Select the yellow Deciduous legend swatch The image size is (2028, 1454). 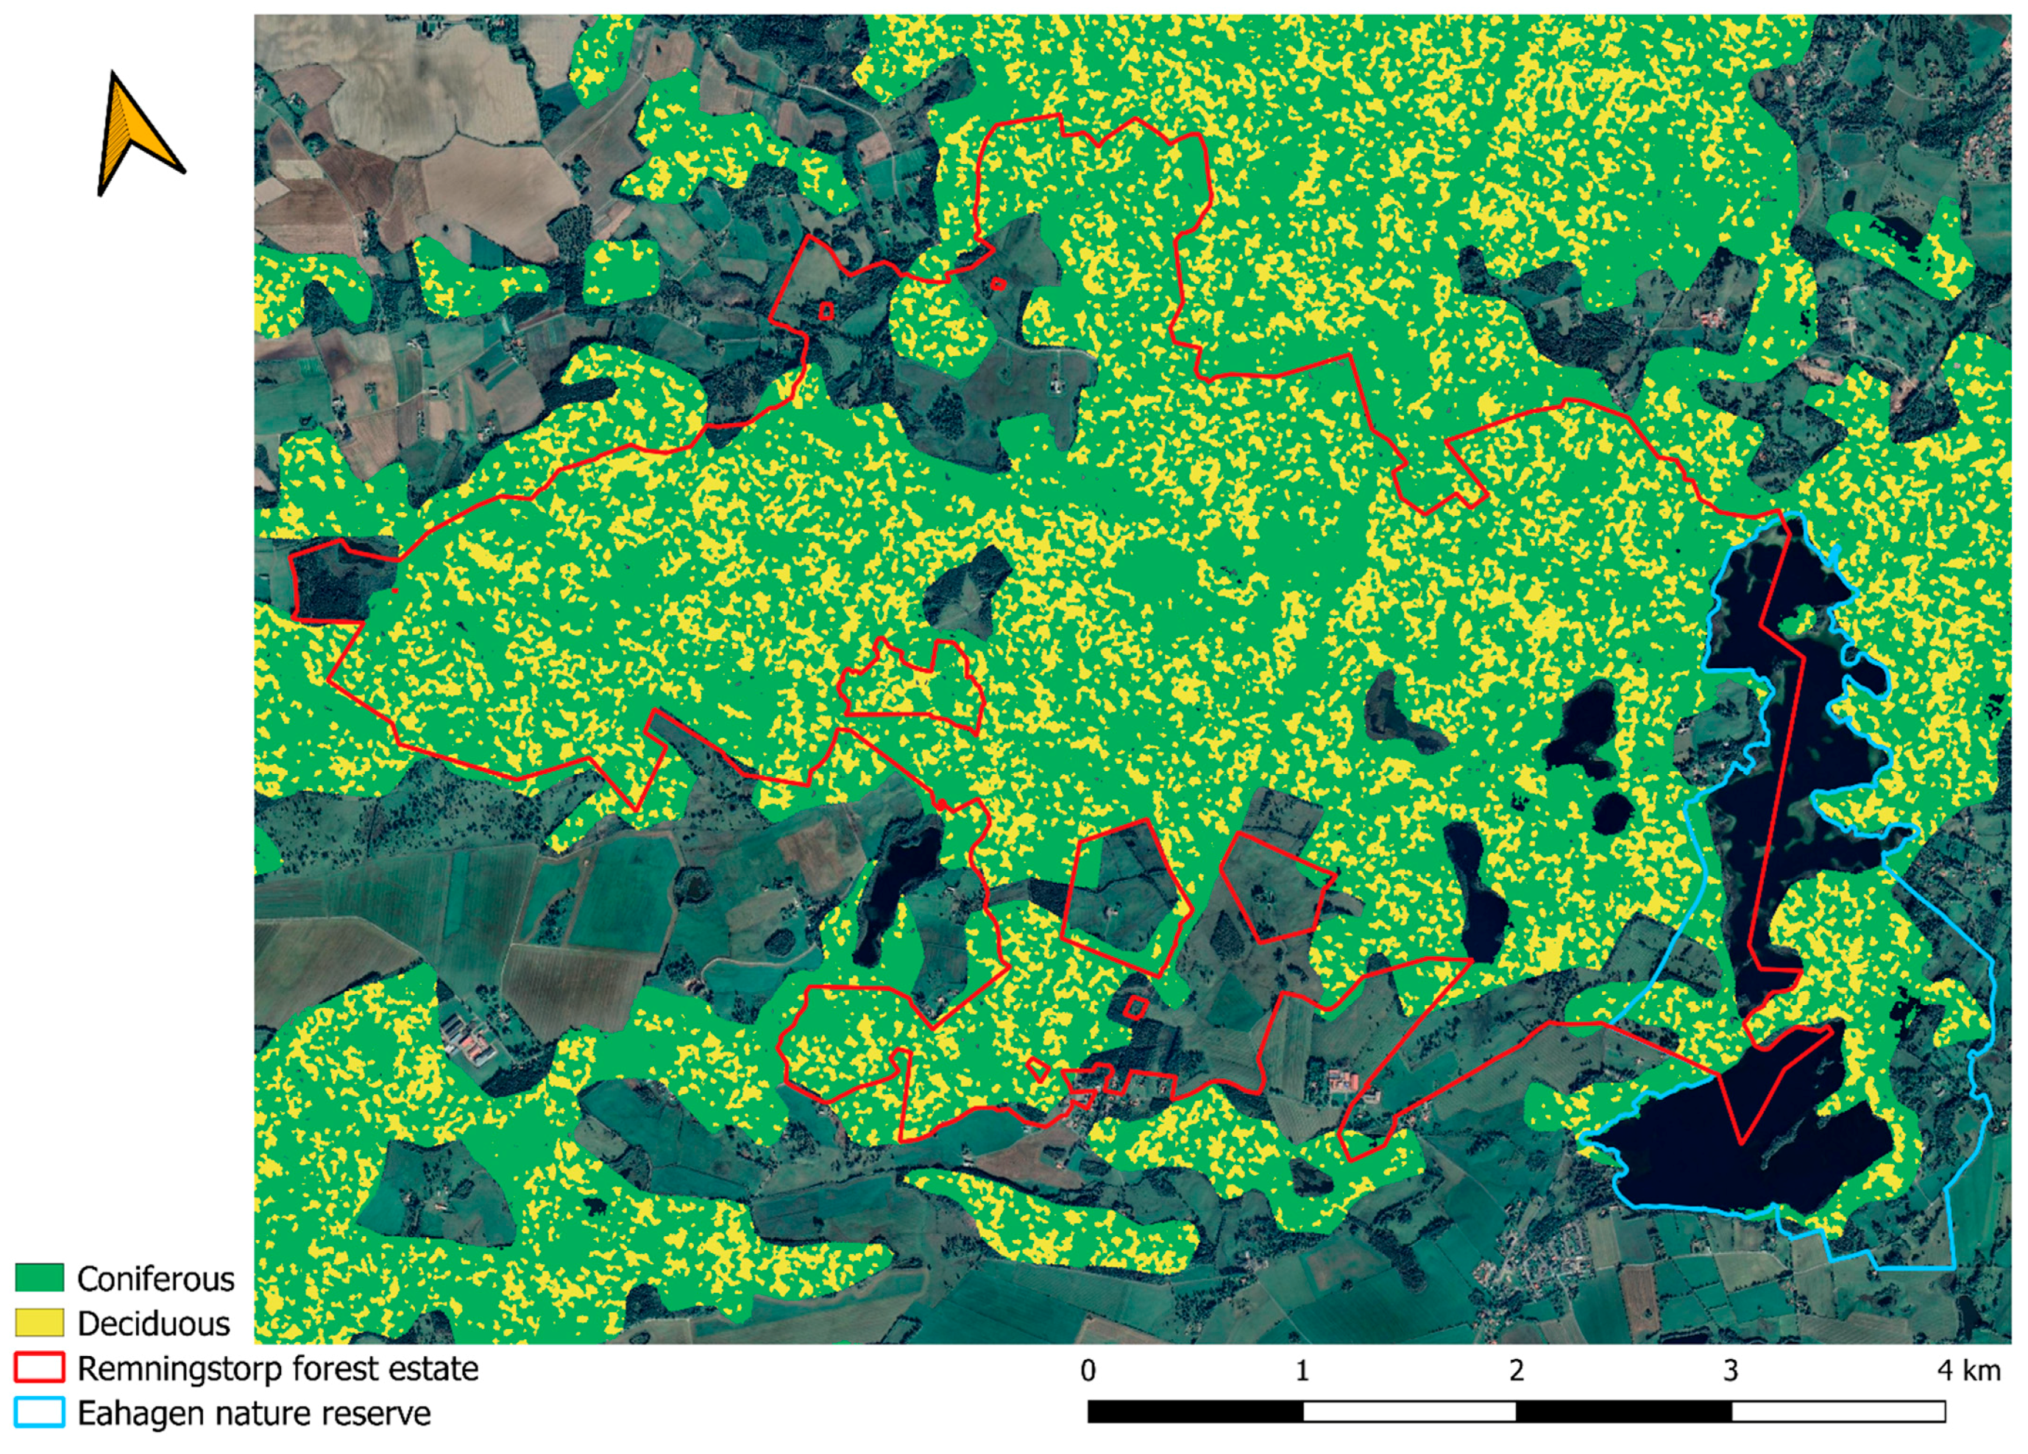[x=39, y=1322]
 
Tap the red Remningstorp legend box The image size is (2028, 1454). [x=39, y=1367]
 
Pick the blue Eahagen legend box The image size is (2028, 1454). [x=39, y=1412]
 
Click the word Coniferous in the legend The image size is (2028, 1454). [x=155, y=1279]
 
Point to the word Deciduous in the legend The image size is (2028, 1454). [x=154, y=1324]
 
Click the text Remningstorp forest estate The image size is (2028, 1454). [x=278, y=1368]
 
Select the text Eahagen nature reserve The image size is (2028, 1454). [x=254, y=1413]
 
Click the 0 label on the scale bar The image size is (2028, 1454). [x=1088, y=1371]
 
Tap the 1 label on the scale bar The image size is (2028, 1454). [x=1302, y=1371]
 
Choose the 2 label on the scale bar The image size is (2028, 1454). [x=1517, y=1371]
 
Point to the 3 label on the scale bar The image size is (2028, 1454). [x=1731, y=1371]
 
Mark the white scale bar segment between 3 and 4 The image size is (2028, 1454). [x=1838, y=1412]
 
